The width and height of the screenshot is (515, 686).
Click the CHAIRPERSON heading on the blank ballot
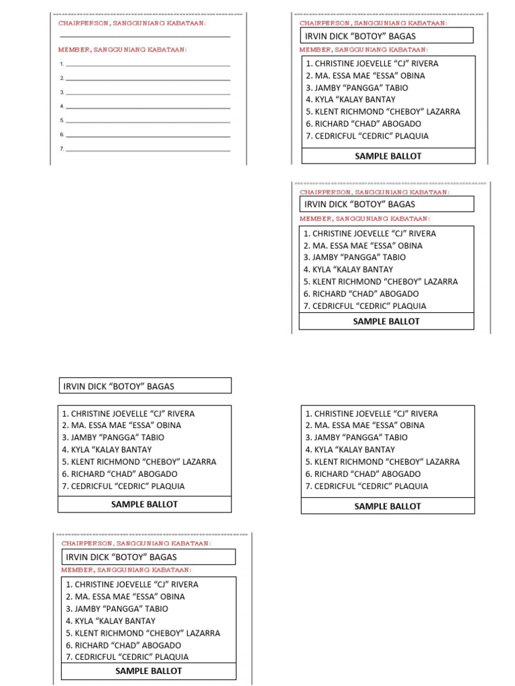pos(132,23)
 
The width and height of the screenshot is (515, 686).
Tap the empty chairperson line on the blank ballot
pos(145,36)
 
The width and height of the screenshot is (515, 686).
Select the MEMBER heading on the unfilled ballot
pos(122,50)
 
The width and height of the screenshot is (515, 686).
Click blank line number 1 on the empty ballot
pos(148,64)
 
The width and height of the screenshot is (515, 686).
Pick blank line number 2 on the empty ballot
pos(148,78)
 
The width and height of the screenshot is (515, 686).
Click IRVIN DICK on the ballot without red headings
pos(118,386)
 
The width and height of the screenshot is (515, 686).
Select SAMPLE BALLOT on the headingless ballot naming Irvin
pos(144,504)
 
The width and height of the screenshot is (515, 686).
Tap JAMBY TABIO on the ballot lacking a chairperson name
pos(356,437)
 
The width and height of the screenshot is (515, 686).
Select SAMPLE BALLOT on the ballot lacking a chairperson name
pos(388,506)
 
